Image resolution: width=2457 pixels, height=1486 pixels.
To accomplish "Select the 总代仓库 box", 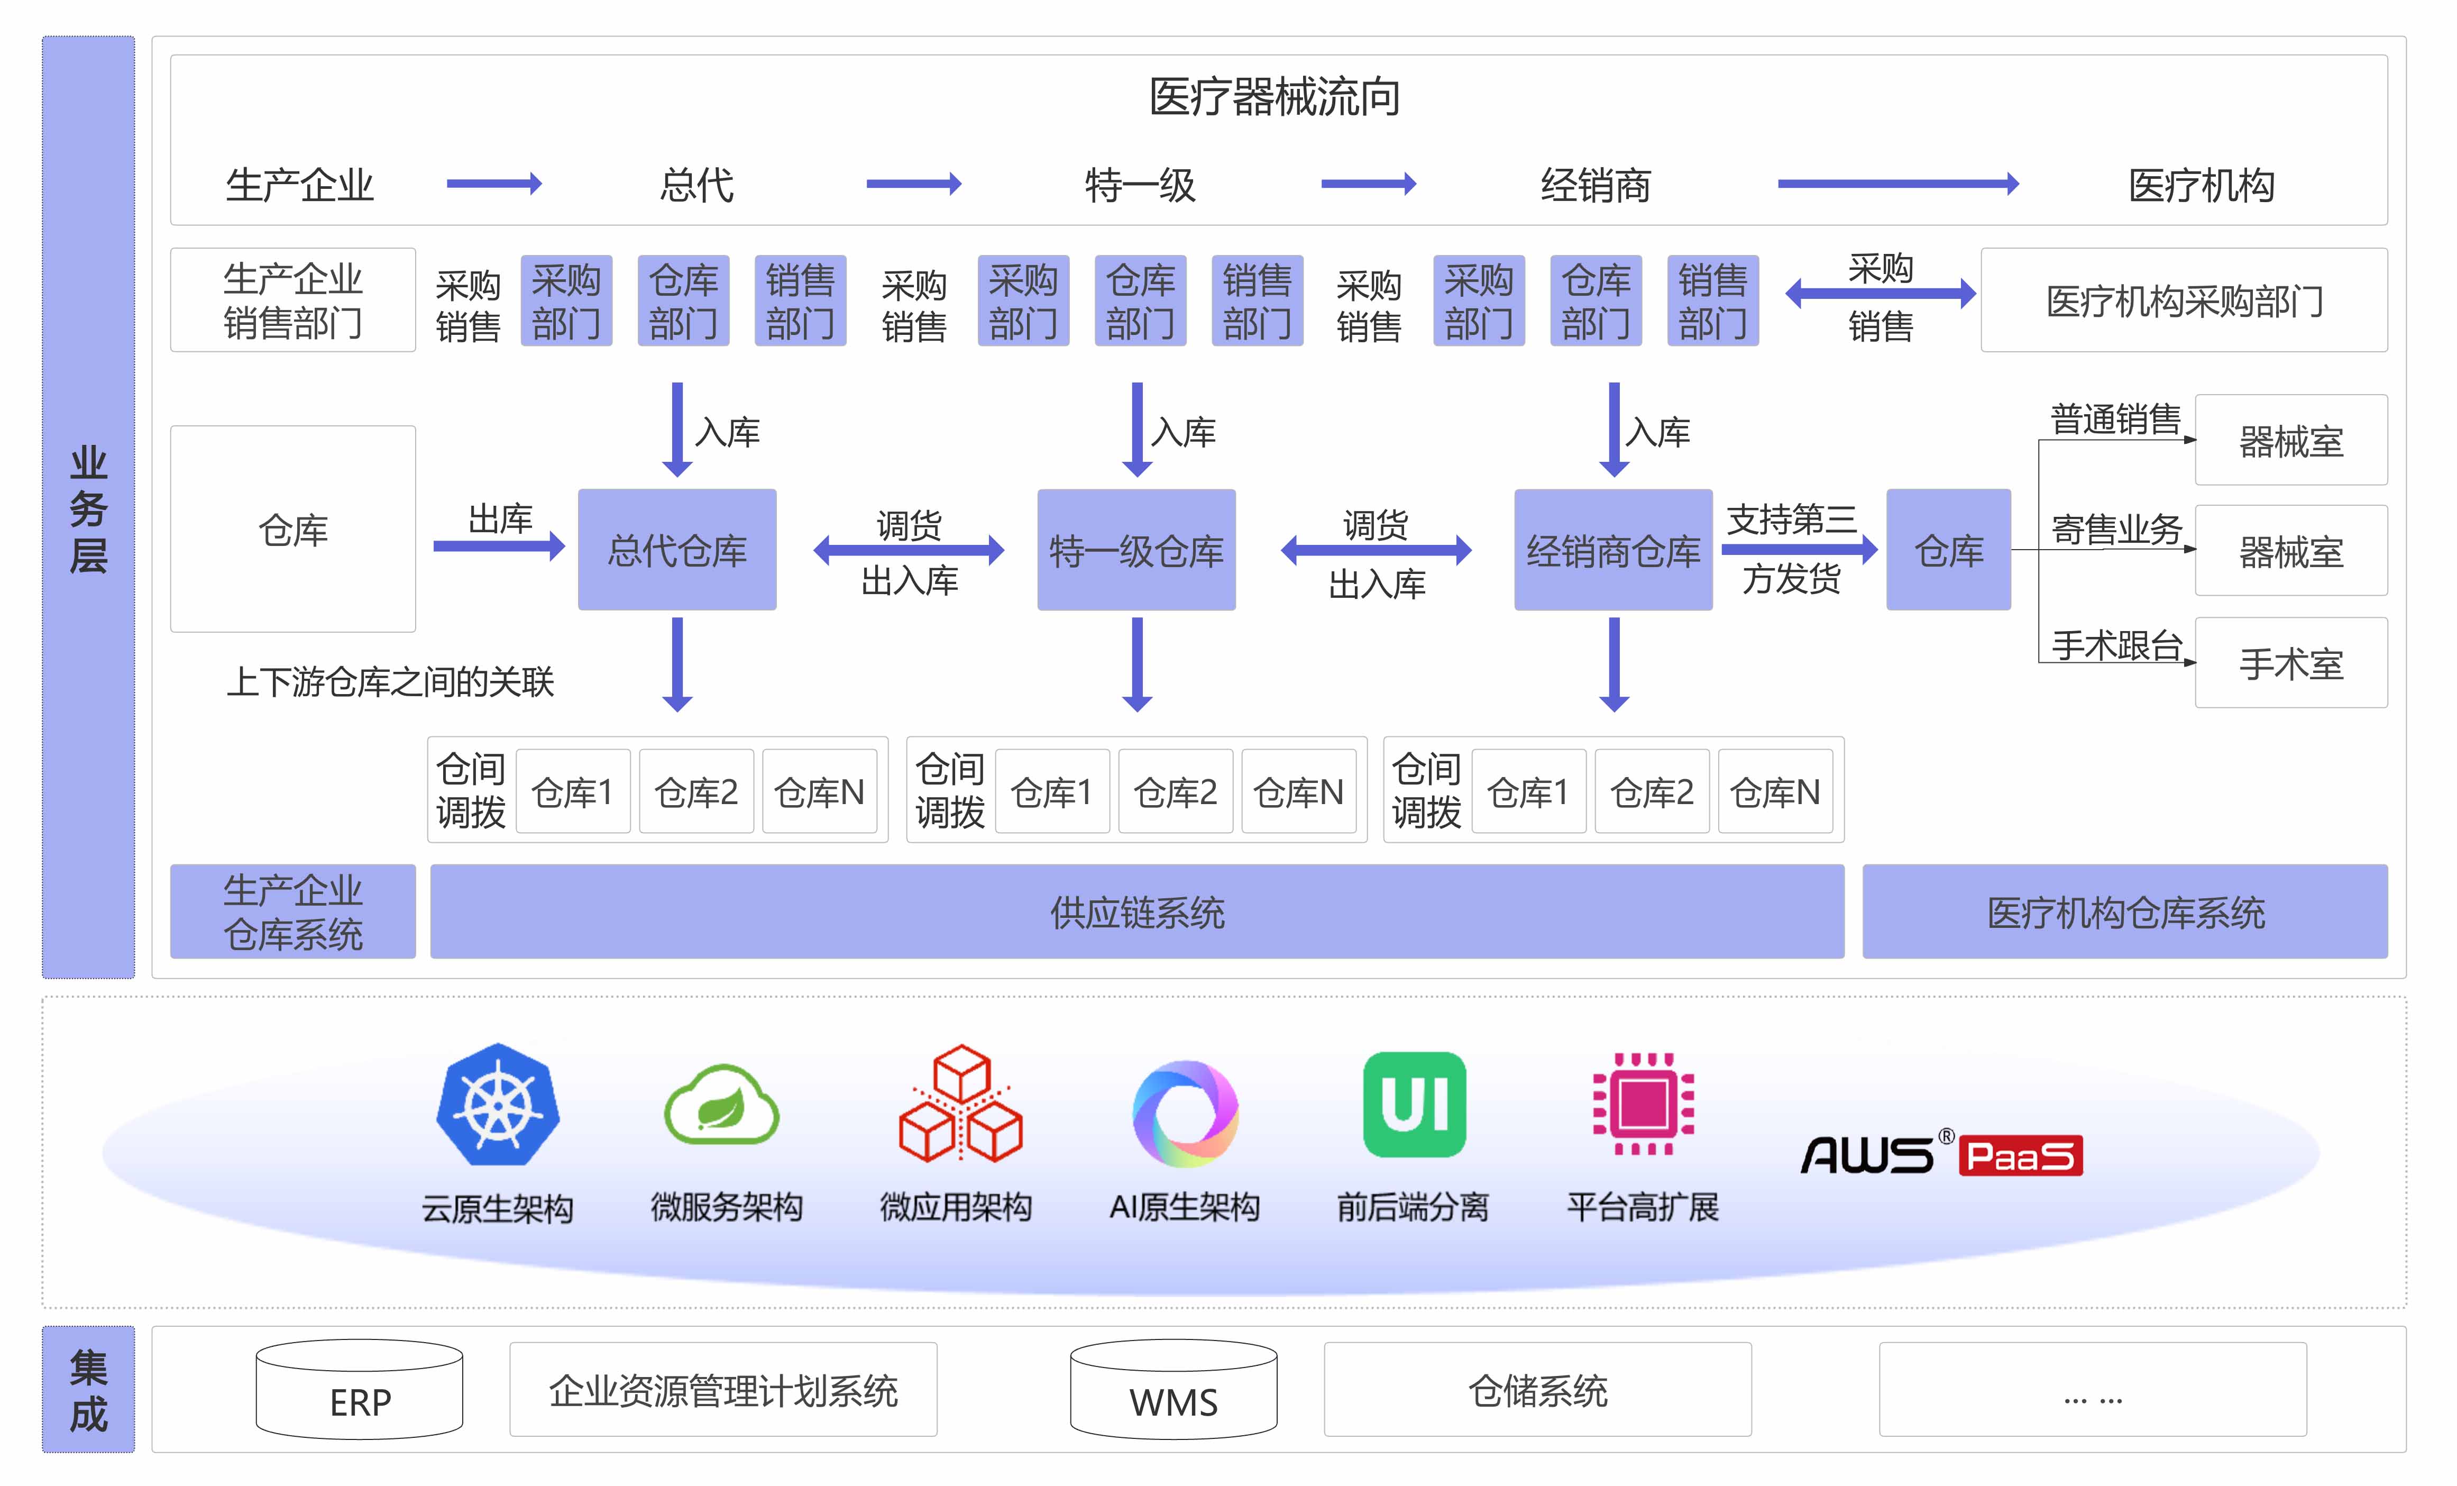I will pos(677,550).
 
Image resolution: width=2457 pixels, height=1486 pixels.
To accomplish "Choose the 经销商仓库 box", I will pos(1612,550).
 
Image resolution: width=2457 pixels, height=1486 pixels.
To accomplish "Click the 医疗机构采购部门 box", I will pos(2184,300).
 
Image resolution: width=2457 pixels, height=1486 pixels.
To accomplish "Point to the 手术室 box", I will pos(2290,663).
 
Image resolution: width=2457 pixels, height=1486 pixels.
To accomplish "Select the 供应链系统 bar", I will pos(1137,911).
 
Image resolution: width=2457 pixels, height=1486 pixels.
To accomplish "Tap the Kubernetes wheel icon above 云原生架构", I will pos(498,1105).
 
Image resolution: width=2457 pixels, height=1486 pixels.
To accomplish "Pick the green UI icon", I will pos(1414,1105).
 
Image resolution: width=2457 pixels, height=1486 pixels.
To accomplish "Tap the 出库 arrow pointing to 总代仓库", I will pos(499,545).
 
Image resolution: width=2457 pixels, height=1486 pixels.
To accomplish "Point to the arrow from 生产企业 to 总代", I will pos(493,184).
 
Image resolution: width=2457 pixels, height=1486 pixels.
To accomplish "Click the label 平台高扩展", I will pos(1643,1207).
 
